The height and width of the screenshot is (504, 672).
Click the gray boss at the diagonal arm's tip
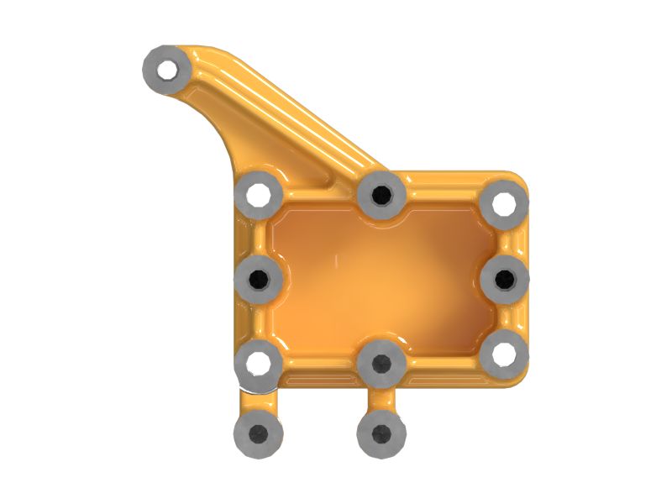click(167, 67)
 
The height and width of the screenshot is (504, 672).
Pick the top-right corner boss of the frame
click(503, 202)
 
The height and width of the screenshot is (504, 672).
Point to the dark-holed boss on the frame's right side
click(505, 278)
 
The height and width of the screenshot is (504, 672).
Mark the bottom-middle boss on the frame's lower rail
click(381, 364)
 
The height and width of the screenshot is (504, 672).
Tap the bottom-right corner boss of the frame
click(504, 354)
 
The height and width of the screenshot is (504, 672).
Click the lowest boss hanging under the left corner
click(259, 433)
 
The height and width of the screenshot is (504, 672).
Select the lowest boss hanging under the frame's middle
click(381, 434)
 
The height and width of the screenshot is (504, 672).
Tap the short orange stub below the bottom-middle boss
click(381, 399)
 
